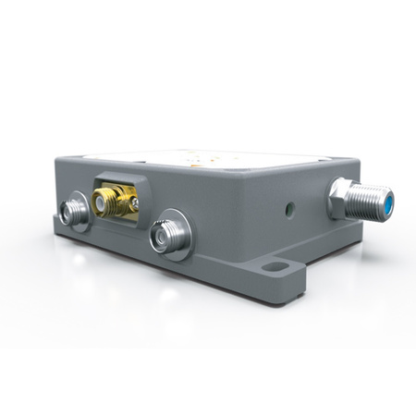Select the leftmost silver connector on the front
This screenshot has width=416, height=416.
tap(73, 214)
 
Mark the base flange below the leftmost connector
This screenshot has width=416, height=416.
tap(79, 242)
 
